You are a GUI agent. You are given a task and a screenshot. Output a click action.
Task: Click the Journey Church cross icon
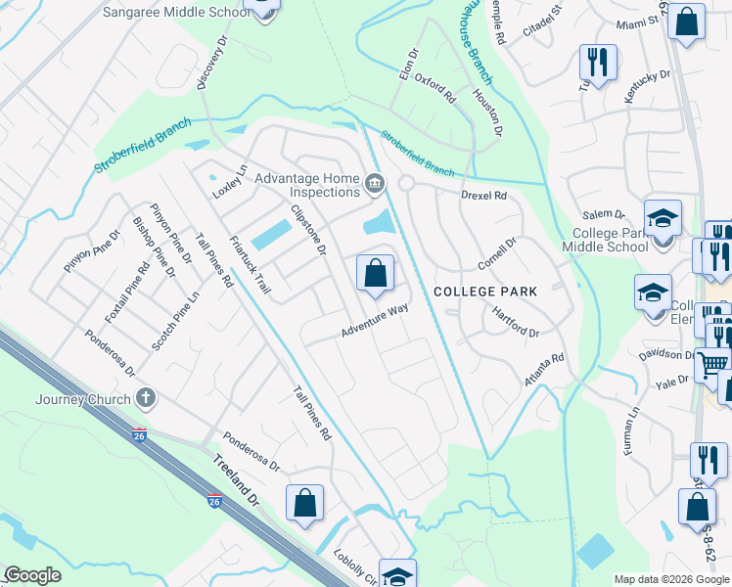(x=146, y=397)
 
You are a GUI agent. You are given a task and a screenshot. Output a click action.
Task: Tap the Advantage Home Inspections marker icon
(x=374, y=184)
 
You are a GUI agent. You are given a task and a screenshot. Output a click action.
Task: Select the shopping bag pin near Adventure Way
(x=375, y=274)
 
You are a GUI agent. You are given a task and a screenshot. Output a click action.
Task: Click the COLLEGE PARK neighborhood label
(x=485, y=292)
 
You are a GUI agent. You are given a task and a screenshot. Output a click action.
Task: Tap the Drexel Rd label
(x=484, y=196)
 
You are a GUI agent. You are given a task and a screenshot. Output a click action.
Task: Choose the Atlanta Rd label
(x=544, y=371)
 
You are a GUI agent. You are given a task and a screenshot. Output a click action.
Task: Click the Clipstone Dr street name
(x=307, y=231)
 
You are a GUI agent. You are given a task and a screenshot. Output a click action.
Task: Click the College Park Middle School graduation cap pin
(x=663, y=218)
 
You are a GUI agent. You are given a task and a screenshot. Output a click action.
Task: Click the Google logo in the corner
(x=32, y=575)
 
